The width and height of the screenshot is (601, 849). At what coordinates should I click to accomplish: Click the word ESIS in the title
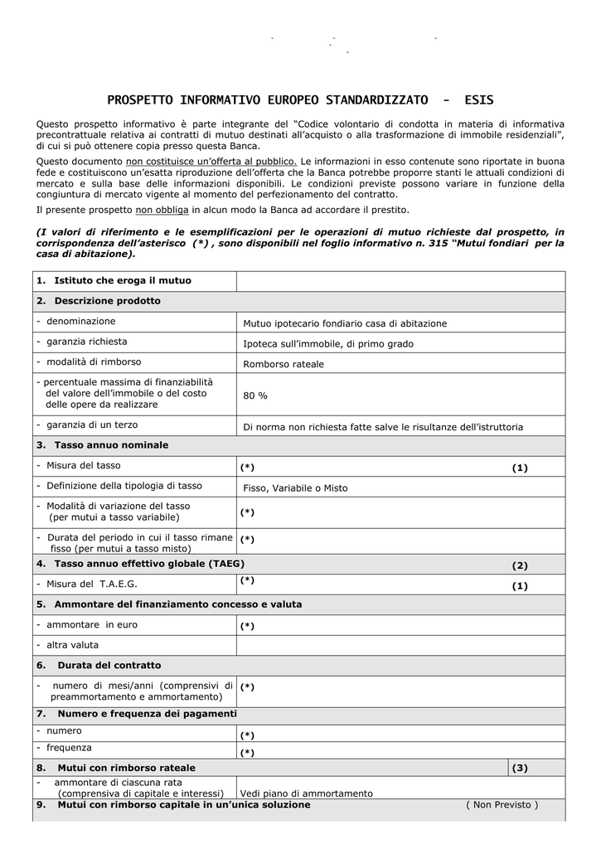click(x=478, y=101)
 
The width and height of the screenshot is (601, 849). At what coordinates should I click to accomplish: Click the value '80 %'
click(x=255, y=396)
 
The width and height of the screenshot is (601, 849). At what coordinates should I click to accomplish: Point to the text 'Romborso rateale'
click(x=284, y=364)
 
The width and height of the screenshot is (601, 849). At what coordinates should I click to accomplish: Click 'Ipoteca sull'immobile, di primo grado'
click(x=328, y=343)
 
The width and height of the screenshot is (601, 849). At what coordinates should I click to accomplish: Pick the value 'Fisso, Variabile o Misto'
click(x=295, y=488)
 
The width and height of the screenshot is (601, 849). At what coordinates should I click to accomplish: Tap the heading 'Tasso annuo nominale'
click(x=111, y=445)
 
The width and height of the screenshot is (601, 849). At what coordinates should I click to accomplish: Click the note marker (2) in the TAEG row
click(x=520, y=565)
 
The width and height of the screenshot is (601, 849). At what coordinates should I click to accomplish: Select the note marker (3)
click(x=520, y=768)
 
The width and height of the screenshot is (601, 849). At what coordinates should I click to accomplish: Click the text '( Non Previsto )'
click(x=502, y=804)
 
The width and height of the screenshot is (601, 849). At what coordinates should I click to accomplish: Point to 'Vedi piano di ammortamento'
click(x=307, y=793)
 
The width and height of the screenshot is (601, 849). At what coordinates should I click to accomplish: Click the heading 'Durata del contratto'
click(x=109, y=665)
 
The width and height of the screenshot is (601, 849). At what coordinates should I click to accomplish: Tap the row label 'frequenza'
click(x=70, y=748)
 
